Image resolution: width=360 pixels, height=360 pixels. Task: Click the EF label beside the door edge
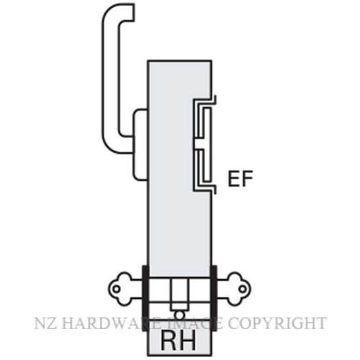[x=240, y=179]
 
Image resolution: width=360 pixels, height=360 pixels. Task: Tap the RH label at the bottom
[x=178, y=341]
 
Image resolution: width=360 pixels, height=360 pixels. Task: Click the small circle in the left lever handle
[x=117, y=289]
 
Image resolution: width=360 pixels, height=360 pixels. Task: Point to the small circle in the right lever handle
[x=243, y=289]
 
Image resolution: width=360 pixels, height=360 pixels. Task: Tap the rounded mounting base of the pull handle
[x=140, y=145]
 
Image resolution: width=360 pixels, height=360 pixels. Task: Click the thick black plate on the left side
[x=145, y=298]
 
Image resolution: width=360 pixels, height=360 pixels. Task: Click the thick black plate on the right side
[x=214, y=298]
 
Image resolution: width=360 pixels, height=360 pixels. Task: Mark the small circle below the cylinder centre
[x=179, y=315]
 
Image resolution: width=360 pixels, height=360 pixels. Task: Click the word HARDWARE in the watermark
[x=103, y=323]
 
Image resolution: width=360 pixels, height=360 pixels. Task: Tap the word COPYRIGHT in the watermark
[x=277, y=323]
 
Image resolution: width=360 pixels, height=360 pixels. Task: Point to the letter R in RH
[x=168, y=341]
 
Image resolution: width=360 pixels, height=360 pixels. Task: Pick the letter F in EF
[x=247, y=179]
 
